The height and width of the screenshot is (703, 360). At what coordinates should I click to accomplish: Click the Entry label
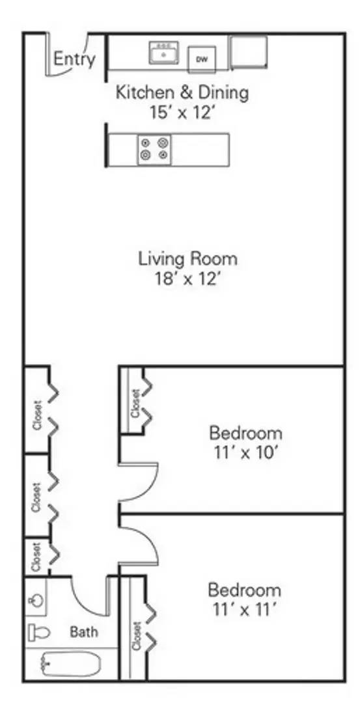tap(74, 59)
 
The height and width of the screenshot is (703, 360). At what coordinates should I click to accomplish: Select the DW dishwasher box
tap(202, 60)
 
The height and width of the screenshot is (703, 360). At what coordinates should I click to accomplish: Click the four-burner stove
tap(155, 150)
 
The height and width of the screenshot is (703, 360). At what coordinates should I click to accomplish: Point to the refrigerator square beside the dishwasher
tap(249, 51)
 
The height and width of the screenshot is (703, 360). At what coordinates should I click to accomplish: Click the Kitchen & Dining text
tap(182, 92)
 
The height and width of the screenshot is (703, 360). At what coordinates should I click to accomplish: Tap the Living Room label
tap(187, 258)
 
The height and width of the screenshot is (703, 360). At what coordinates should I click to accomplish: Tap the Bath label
tap(84, 631)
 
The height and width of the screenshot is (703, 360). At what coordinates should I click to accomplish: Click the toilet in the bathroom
tap(40, 631)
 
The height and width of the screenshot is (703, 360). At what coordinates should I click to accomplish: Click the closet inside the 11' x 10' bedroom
tap(135, 402)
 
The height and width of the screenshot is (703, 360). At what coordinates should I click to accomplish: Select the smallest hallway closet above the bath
tap(36, 557)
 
